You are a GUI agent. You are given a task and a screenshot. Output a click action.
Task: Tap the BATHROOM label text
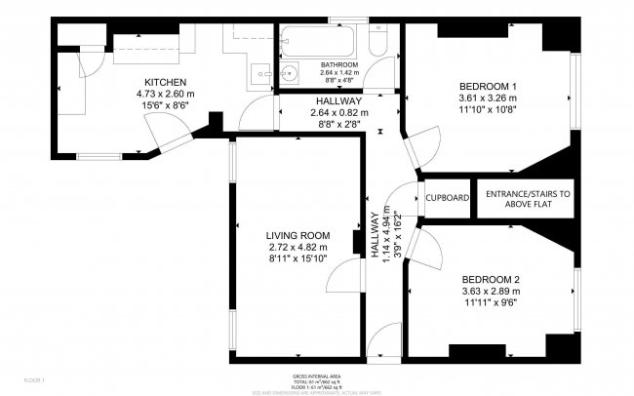coord(339,65)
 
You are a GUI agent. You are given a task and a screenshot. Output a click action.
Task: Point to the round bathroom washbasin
coord(288,73)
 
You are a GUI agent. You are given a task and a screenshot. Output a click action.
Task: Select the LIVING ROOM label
coord(298,236)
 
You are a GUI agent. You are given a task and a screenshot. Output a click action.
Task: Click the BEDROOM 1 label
coord(488,86)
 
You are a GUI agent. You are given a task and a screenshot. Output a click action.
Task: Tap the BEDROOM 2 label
coord(490,279)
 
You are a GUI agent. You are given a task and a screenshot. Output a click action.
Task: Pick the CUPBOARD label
coord(448,198)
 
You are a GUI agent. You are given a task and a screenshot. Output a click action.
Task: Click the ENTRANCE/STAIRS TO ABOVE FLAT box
coord(529,198)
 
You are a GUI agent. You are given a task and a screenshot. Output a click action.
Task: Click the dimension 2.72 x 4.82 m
coord(298,248)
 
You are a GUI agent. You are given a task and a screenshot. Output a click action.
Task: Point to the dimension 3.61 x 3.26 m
coord(488,98)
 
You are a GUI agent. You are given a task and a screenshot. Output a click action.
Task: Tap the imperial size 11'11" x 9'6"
coord(490,302)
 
